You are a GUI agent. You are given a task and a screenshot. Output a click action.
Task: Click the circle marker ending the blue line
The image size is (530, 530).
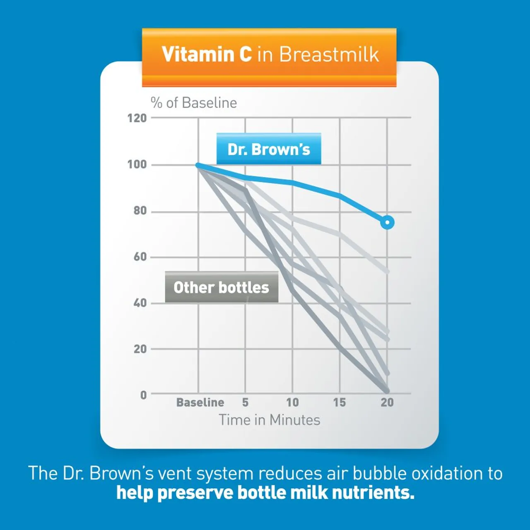[387, 223]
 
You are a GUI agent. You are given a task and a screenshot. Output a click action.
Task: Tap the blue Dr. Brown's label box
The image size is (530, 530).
[269, 149]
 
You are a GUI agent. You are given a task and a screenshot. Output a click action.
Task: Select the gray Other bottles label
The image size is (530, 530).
[222, 287]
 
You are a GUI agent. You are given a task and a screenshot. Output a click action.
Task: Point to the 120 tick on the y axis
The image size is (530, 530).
[137, 118]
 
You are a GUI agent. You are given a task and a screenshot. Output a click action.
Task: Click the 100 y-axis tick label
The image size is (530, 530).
[137, 165]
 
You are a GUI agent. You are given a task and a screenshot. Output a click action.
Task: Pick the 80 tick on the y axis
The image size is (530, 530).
[140, 211]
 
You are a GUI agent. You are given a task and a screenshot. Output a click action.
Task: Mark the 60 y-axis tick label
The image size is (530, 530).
[140, 257]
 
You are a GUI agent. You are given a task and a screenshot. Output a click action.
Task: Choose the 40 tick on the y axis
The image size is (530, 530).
[140, 303]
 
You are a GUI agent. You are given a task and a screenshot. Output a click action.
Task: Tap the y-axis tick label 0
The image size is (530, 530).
[143, 395]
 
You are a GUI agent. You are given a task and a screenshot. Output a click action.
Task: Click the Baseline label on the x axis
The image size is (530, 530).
[200, 402]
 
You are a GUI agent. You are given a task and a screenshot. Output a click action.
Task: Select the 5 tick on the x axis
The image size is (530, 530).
[246, 402]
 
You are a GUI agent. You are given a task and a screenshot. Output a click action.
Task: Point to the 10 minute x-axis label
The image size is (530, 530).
[292, 402]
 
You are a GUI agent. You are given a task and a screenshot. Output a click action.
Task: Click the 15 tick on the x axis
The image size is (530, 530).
[340, 402]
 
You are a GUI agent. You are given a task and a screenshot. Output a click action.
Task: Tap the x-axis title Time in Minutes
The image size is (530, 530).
[270, 420]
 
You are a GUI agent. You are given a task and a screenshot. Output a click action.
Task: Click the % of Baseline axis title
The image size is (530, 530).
[194, 103]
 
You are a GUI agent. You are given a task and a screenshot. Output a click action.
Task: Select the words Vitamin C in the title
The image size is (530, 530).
[207, 54]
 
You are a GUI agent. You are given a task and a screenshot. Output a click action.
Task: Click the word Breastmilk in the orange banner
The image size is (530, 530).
[329, 54]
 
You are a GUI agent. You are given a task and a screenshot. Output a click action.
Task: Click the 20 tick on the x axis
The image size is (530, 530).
[387, 402]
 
